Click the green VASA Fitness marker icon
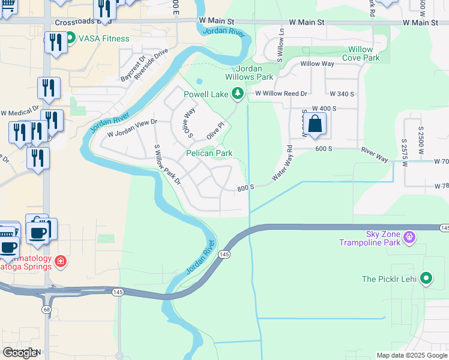[70, 38]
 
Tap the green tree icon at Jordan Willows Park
[238, 93]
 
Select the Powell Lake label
[207, 94]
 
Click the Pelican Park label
[209, 154]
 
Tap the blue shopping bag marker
[315, 124]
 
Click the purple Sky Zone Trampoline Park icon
[409, 238]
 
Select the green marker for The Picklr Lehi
[426, 278]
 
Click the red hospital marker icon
[60, 261]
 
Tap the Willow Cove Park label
[361, 53]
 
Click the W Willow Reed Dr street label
[281, 94]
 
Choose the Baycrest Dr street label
[131, 70]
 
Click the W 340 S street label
[342, 94]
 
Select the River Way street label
[375, 154]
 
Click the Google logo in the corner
[20, 353]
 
